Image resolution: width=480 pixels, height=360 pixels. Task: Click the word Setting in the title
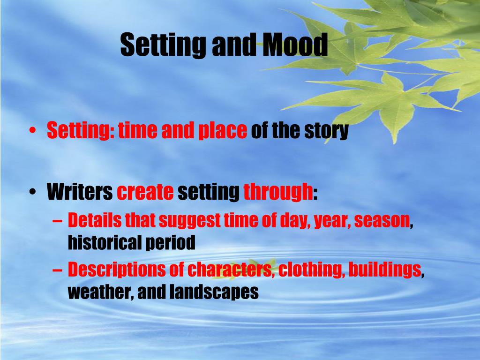click(163, 45)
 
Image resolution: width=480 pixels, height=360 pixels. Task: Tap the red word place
click(223, 131)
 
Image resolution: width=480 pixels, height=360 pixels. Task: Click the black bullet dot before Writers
click(32, 192)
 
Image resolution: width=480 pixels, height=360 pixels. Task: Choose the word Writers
click(80, 192)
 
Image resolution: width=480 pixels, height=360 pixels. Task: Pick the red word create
click(145, 192)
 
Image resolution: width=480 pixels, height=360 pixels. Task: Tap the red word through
click(278, 192)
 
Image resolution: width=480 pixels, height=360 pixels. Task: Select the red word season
click(382, 221)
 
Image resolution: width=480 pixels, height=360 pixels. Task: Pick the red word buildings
click(385, 270)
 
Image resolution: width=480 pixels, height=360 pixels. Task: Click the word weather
click(99, 292)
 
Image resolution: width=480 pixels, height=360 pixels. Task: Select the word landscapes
click(214, 292)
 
